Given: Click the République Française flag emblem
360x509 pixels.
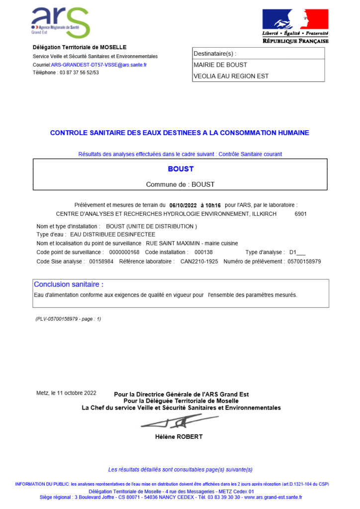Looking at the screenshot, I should click(x=295, y=20).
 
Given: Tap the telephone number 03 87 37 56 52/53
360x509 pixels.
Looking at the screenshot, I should click(x=79, y=73).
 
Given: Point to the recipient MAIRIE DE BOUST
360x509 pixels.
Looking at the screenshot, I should click(x=220, y=65).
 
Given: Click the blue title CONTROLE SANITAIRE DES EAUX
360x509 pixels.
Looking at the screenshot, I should click(x=180, y=133).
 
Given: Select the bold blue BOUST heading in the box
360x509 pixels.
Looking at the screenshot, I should click(x=180, y=169).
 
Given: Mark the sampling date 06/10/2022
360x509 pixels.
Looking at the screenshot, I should click(x=183, y=205).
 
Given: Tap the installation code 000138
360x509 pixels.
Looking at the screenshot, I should click(x=203, y=253).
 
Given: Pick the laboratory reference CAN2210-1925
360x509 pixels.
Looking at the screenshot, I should click(x=199, y=261).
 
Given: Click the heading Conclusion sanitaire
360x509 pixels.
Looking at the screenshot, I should click(x=69, y=285).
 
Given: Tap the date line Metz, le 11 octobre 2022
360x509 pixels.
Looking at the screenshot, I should click(x=67, y=393).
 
